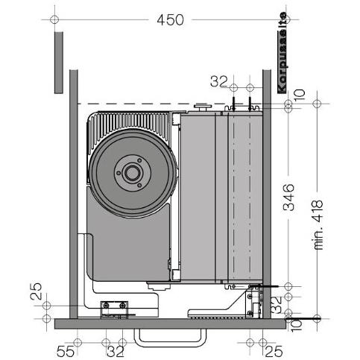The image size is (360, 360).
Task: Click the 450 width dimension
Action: (171, 19)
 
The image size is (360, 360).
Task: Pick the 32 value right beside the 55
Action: (115, 349)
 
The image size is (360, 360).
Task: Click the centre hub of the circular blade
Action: (132, 173)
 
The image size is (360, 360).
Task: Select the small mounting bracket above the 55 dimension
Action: (115, 306)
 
